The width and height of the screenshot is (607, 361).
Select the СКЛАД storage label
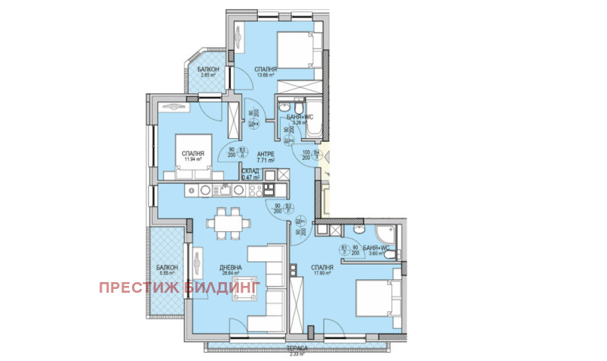pyautogui.click(x=250, y=171)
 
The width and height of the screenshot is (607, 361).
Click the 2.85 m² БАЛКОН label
pyautogui.click(x=210, y=69)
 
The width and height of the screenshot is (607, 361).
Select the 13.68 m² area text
pyautogui.click(x=266, y=74)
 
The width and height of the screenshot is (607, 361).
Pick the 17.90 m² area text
pyautogui.click(x=322, y=275)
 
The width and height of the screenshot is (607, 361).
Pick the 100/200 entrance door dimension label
pyautogui.click(x=307, y=155)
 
